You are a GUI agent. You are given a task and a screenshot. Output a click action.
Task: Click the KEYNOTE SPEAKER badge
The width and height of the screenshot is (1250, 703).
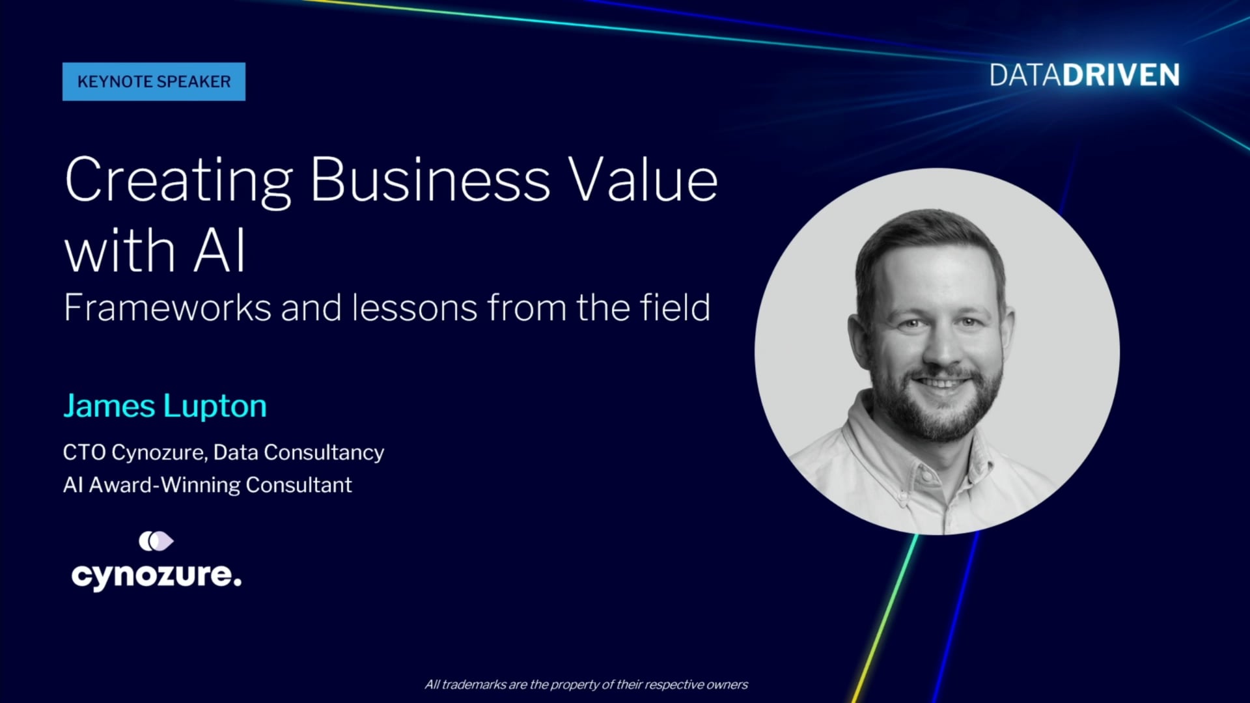click(154, 81)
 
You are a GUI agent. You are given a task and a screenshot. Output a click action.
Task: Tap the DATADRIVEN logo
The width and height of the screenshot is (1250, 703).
click(1085, 76)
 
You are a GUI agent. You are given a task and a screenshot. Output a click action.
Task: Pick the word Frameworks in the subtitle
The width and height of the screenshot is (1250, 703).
click(167, 307)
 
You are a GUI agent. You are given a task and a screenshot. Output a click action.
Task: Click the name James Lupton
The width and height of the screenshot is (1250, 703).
click(165, 406)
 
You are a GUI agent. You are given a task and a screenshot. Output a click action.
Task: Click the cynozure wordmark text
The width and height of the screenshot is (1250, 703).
click(156, 575)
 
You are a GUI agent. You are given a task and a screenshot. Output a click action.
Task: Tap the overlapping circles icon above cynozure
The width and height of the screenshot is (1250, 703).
click(156, 541)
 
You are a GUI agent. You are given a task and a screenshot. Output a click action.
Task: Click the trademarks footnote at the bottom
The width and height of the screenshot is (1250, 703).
click(587, 685)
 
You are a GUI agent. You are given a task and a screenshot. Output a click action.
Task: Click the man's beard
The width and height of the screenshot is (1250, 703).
click(937, 404)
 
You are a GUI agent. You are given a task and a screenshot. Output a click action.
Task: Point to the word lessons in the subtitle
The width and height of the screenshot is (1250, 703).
click(415, 307)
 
